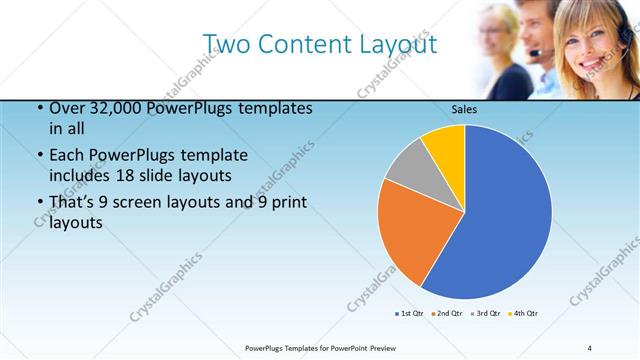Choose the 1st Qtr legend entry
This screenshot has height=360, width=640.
pyautogui.click(x=409, y=314)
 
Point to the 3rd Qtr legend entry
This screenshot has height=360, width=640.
pyautogui.click(x=485, y=314)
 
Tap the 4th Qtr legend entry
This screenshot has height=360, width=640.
pyautogui.click(x=523, y=314)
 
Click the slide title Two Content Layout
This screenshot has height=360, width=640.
pyautogui.click(x=319, y=43)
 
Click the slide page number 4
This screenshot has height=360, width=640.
pyautogui.click(x=591, y=347)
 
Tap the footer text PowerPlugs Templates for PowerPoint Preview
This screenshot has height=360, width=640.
pyautogui.click(x=319, y=347)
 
